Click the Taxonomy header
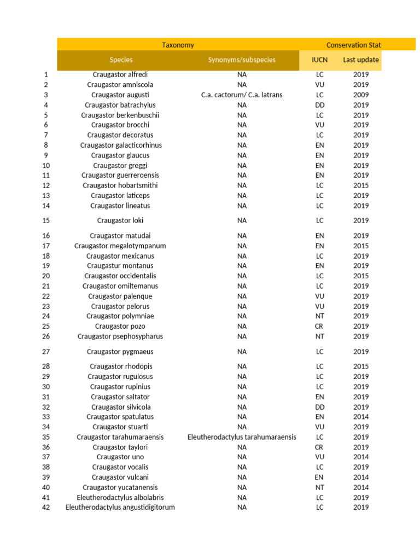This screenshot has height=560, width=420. [x=178, y=45]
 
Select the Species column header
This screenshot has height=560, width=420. [x=121, y=60]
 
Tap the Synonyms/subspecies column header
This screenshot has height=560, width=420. [x=242, y=60]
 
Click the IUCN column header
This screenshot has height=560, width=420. [x=319, y=60]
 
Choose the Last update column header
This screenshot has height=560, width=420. [x=361, y=60]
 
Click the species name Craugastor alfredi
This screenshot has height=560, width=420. [x=120, y=74]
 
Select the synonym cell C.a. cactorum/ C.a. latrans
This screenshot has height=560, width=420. [x=242, y=95]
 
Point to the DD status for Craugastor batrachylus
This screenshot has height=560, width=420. [x=320, y=105]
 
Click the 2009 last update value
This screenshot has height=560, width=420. [x=361, y=95]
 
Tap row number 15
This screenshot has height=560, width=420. [x=46, y=220]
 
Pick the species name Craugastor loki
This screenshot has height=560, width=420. [x=120, y=220]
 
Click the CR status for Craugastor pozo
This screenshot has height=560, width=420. [x=320, y=326]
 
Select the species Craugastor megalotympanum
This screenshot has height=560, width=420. [x=120, y=246]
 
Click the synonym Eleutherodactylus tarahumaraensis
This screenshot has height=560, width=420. [x=242, y=437]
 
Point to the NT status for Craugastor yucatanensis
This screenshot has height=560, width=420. [x=320, y=487]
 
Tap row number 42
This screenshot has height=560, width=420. [x=46, y=507]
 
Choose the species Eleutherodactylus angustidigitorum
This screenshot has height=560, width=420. [x=120, y=507]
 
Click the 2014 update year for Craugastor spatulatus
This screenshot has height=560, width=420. [x=361, y=417]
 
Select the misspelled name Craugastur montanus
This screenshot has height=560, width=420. [x=120, y=266]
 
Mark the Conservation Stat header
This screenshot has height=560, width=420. [x=353, y=45]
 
